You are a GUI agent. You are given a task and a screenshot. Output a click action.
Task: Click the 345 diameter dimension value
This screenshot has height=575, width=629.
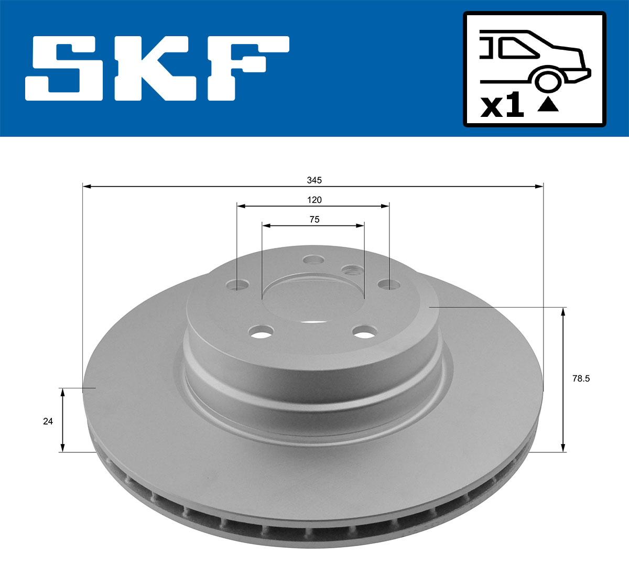pos(314,180)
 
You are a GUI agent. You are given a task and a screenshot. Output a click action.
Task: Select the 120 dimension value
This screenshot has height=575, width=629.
pos(314,200)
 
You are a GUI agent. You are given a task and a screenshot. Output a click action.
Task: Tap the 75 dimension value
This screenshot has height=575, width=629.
pos(314,220)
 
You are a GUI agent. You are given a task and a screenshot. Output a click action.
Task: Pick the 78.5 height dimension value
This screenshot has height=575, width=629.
pos(581,378)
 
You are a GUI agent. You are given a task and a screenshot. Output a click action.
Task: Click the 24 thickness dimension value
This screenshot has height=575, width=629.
pos(48,421)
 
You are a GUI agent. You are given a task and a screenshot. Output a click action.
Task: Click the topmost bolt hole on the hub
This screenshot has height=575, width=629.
pos(313,259)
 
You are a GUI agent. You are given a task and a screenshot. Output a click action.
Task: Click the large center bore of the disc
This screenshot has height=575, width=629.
pos(313,299)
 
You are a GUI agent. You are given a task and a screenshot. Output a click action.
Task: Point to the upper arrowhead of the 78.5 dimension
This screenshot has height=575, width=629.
pos(563,312)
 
